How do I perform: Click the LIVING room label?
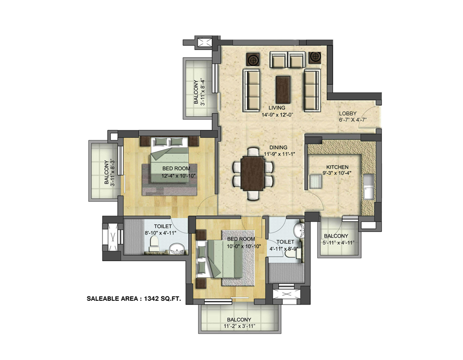pos(277,107)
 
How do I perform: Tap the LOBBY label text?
pos(348,113)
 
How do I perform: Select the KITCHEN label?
pos(337,167)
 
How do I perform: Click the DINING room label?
pos(278,148)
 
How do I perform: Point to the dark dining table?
pos(253,173)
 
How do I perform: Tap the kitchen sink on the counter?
pos(368,187)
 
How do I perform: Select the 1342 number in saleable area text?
pos(151,299)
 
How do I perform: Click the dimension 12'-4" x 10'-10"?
pos(179,176)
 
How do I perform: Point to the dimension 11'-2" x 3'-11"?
pos(239,326)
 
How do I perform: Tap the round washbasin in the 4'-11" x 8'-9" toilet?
pos(299,229)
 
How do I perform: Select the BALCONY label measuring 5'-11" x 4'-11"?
pos(336,236)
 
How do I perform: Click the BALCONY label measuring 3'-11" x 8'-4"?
pos(196,92)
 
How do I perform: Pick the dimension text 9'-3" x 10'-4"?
pos(337,173)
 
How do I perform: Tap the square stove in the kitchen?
pos(315,181)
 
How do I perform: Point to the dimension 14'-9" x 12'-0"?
pos(277,115)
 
